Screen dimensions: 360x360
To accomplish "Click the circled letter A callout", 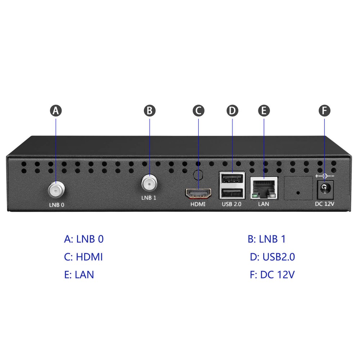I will (x=56, y=111).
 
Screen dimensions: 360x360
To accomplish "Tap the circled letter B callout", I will (x=150, y=111).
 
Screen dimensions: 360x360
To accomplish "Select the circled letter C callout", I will (x=198, y=111).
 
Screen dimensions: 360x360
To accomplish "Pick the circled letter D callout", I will (x=232, y=111).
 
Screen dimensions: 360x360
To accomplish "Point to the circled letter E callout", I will (x=264, y=111).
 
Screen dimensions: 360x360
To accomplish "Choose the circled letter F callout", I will (x=325, y=111).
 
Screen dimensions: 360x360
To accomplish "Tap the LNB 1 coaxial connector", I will (x=149, y=184).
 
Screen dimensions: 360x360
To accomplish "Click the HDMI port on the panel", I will (x=198, y=194).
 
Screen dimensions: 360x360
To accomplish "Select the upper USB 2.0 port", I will (x=232, y=178).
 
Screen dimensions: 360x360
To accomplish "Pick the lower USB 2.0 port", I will (x=232, y=193).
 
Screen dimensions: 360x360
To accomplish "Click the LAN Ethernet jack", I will (x=264, y=188).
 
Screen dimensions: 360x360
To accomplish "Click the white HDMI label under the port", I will (x=198, y=204).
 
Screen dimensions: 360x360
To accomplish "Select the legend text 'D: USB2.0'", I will (x=273, y=257).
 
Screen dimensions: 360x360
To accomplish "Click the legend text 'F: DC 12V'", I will (x=272, y=275).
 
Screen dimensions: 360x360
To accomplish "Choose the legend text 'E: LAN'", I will (x=79, y=275).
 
